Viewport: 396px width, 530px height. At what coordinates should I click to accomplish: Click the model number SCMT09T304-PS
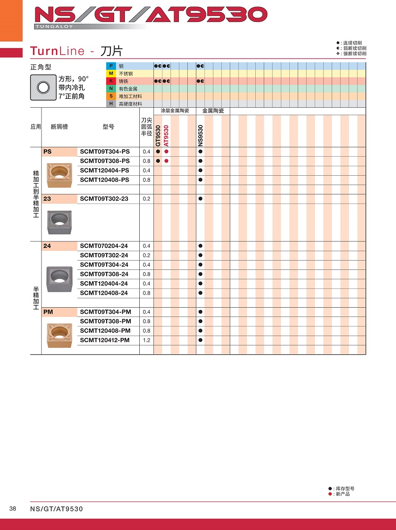pos(104,151)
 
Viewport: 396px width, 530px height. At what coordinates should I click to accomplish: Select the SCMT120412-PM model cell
pos(104,340)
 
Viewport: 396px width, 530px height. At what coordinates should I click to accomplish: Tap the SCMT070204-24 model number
pos(104,246)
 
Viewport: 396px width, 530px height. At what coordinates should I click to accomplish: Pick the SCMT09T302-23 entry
pos(104,199)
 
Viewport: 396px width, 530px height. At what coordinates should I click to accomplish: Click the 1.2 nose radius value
pos(146,340)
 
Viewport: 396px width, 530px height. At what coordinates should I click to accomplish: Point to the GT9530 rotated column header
pos(158,136)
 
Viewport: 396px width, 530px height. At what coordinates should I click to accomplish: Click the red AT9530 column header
pos(166,136)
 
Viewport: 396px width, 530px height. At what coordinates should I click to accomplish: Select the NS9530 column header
pos(200,136)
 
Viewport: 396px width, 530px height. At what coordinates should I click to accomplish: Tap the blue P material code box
pos(111,66)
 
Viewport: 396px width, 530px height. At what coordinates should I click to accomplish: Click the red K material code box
pos(111,81)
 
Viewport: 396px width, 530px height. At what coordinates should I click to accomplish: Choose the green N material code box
pos(111,89)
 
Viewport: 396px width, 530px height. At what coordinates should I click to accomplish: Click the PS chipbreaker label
pos(48,151)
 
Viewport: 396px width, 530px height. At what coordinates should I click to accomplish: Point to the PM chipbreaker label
pos(48,312)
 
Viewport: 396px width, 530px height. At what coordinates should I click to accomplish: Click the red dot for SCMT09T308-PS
pos(166,161)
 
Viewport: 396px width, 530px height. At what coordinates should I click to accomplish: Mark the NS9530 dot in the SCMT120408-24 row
pos(200,293)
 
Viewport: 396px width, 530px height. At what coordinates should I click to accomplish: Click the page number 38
pos(13,509)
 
